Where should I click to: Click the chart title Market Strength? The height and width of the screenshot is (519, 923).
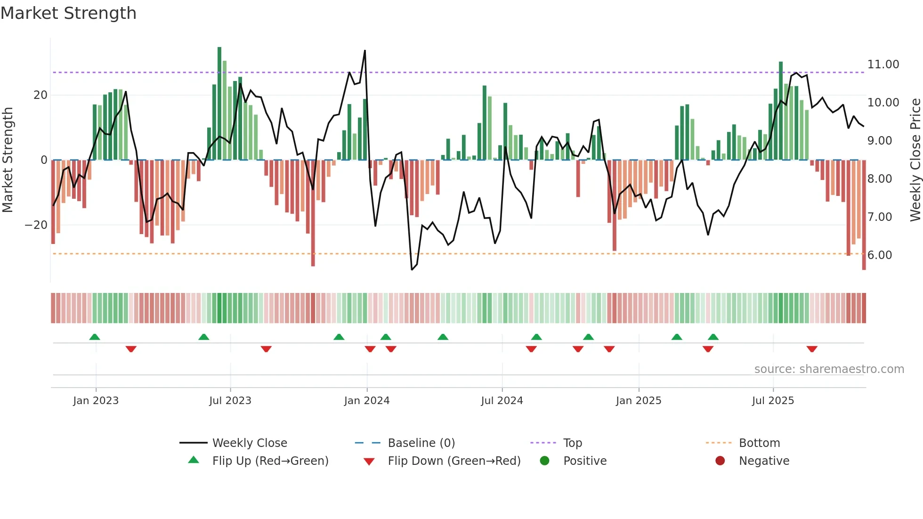68,13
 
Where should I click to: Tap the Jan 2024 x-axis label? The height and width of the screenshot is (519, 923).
367,401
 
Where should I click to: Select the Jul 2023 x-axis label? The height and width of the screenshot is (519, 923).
230,401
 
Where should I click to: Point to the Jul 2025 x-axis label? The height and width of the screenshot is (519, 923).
773,401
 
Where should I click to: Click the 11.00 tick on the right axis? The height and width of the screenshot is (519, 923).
883,65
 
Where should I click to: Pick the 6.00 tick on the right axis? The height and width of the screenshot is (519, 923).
879,255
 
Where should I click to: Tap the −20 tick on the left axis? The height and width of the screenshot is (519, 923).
36,225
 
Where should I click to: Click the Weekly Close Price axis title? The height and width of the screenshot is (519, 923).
915,160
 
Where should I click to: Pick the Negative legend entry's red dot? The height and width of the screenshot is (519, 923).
720,461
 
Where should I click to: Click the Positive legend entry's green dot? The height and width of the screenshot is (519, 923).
544,461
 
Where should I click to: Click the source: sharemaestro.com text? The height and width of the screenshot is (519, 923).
829,369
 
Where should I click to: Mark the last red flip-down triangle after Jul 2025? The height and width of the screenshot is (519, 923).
811,349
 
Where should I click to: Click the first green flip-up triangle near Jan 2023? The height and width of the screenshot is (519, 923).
95,337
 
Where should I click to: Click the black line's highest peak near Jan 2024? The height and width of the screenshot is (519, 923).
365,51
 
